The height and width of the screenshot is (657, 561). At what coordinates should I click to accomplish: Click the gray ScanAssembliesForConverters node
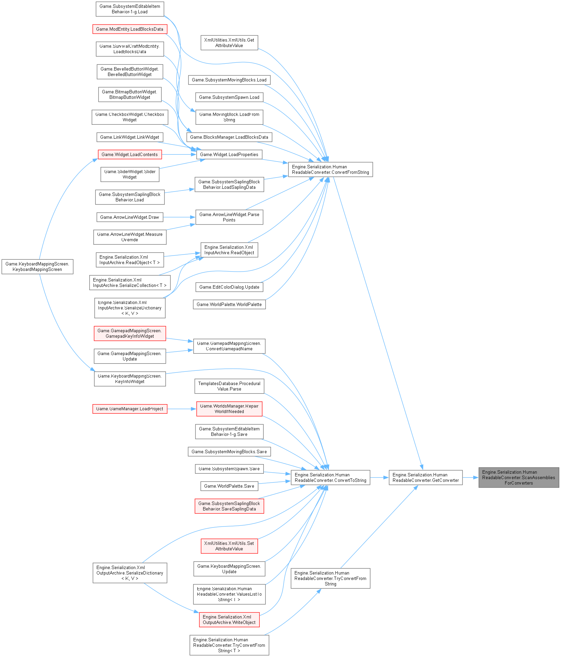tap(518, 477)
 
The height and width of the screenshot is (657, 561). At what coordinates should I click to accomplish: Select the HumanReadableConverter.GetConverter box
tap(426, 477)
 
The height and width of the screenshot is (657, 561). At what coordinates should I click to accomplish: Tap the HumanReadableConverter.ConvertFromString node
tap(330, 169)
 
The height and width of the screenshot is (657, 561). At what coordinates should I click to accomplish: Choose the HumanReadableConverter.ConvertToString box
tap(330, 477)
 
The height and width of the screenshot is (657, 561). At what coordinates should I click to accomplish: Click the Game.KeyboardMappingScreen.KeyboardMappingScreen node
tap(37, 266)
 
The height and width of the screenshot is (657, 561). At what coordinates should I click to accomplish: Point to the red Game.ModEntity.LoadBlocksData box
tap(130, 29)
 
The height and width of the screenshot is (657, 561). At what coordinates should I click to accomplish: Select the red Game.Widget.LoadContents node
tap(130, 154)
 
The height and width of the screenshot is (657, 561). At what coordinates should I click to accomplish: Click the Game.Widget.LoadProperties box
tap(229, 154)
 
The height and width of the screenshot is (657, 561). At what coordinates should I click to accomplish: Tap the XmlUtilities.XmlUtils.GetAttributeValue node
tap(229, 43)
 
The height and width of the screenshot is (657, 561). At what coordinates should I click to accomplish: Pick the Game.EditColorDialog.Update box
tap(229, 287)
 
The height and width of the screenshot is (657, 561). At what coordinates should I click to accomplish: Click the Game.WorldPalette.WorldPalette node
tap(229, 304)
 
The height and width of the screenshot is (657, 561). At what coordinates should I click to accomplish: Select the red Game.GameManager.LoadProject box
tap(130, 409)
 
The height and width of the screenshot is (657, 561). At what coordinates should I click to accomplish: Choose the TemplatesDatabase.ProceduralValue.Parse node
tap(229, 386)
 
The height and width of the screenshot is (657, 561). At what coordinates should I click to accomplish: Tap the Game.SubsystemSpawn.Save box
tap(229, 469)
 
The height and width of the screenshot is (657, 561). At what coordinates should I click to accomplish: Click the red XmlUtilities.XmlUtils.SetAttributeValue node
tap(229, 546)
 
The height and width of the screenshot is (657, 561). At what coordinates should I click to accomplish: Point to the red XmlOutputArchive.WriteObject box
tap(229, 620)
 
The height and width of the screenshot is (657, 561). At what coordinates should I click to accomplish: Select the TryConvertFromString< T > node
tap(229, 645)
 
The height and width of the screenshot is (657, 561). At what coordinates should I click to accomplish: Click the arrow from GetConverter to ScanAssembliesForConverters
tap(470, 477)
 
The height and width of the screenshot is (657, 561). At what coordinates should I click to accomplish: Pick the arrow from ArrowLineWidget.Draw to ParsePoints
tap(179, 217)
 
